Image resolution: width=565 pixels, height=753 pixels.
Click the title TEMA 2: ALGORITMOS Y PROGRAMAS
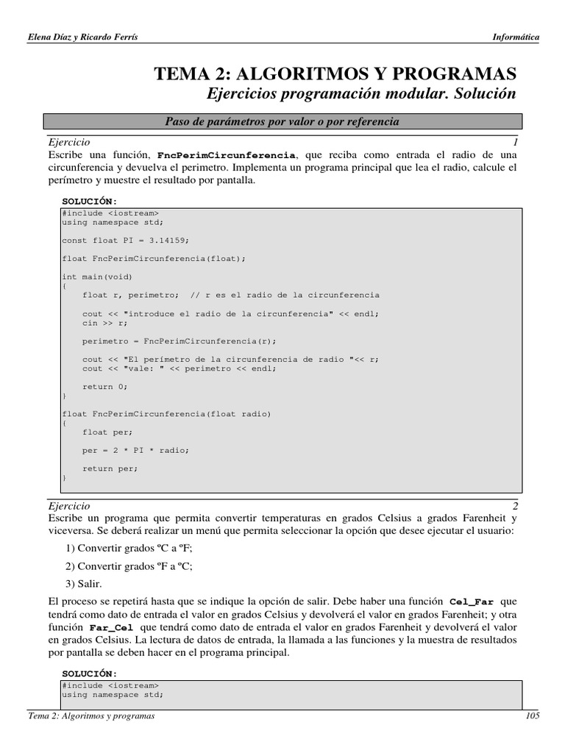point(335,74)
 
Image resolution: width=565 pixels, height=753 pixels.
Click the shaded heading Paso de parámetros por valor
point(282,121)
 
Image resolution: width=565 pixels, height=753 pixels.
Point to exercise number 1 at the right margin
point(516,141)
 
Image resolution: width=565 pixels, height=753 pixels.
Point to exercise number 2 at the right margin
point(516,506)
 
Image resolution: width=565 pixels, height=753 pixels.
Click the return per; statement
point(110,468)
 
